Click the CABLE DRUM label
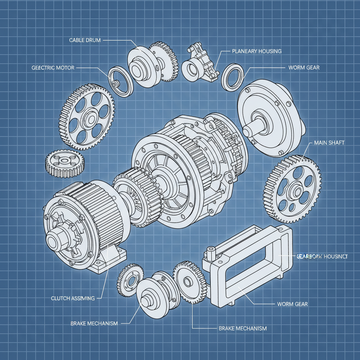(85, 40)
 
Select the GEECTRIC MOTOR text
(53, 67)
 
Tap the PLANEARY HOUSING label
(257, 51)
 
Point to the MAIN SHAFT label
(328, 143)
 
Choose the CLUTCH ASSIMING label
(73, 298)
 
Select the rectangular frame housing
(250, 264)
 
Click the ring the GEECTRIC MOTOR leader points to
(121, 81)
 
